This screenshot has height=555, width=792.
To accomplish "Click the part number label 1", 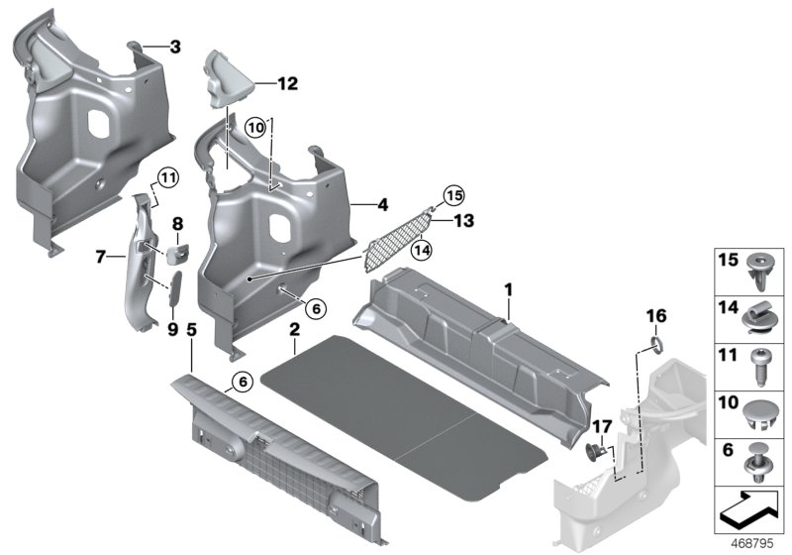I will click(509, 290).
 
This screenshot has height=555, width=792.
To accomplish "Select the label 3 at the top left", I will click(175, 46).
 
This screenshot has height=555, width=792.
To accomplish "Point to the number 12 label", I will click(286, 86).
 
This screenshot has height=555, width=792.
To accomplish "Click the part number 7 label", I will click(100, 257).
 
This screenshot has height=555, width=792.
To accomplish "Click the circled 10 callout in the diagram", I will click(256, 127).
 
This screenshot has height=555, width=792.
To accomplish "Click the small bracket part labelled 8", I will click(178, 250).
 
